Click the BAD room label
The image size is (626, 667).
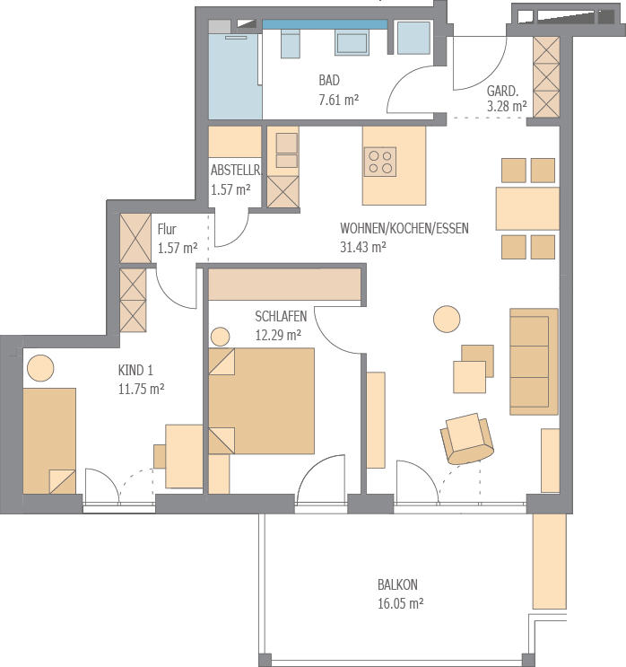tap(329, 81)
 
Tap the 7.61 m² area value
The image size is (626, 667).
tap(339, 100)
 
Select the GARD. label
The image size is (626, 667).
tap(502, 91)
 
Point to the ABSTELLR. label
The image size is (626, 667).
tap(236, 171)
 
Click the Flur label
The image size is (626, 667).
tap(167, 229)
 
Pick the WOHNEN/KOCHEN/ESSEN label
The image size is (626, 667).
tap(404, 228)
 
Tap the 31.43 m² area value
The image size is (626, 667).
tap(363, 247)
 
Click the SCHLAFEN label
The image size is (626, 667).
tap(281, 317)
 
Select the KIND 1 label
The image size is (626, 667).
tap(135, 370)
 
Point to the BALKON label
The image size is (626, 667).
tap(397, 584)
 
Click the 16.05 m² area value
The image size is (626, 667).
tap(400, 603)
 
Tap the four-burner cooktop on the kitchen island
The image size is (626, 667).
tap(380, 162)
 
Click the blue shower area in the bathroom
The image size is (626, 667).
tap(235, 76)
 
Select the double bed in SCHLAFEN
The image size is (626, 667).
tap(261, 401)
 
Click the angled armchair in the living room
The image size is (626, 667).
tap(467, 439)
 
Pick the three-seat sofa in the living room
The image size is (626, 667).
tap(534, 362)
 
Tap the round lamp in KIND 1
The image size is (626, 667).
tap(40, 368)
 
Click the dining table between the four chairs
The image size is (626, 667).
tap(527, 208)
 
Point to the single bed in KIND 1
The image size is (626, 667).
tap(49, 441)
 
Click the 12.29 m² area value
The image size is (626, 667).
tap(278, 335)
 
